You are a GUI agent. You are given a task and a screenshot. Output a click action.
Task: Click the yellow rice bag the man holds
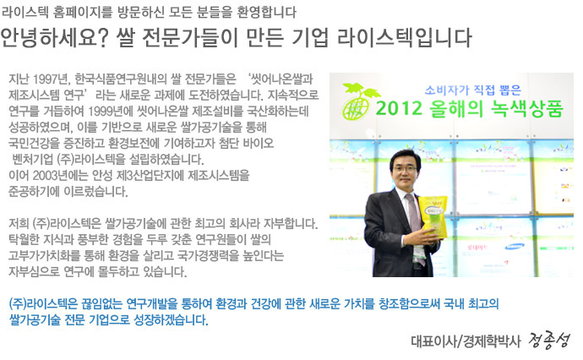tap(433, 217)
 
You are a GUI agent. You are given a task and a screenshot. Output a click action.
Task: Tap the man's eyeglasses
tap(405, 168)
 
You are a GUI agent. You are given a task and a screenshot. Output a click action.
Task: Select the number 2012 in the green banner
tap(399, 108)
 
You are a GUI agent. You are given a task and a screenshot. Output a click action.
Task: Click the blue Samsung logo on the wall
tap(515, 246)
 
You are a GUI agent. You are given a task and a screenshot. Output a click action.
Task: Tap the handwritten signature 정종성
tap(549, 340)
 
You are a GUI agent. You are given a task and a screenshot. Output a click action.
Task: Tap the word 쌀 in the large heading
tap(124, 37)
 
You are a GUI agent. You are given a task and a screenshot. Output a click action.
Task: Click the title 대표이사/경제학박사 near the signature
tap(466, 341)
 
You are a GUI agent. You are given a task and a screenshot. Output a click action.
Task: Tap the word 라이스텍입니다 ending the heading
tap(404, 37)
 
